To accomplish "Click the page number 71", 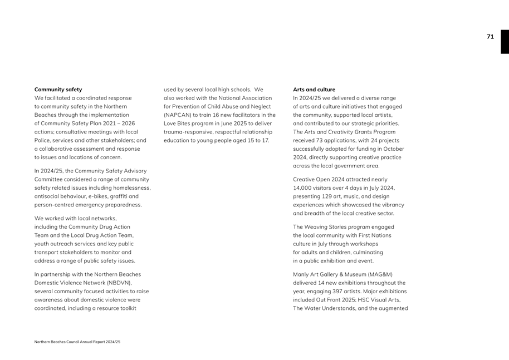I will point(490,37).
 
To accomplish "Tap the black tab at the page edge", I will point(505,42).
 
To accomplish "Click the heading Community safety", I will point(58,90).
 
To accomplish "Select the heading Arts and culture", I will point(314,90).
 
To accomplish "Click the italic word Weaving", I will point(316,227).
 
